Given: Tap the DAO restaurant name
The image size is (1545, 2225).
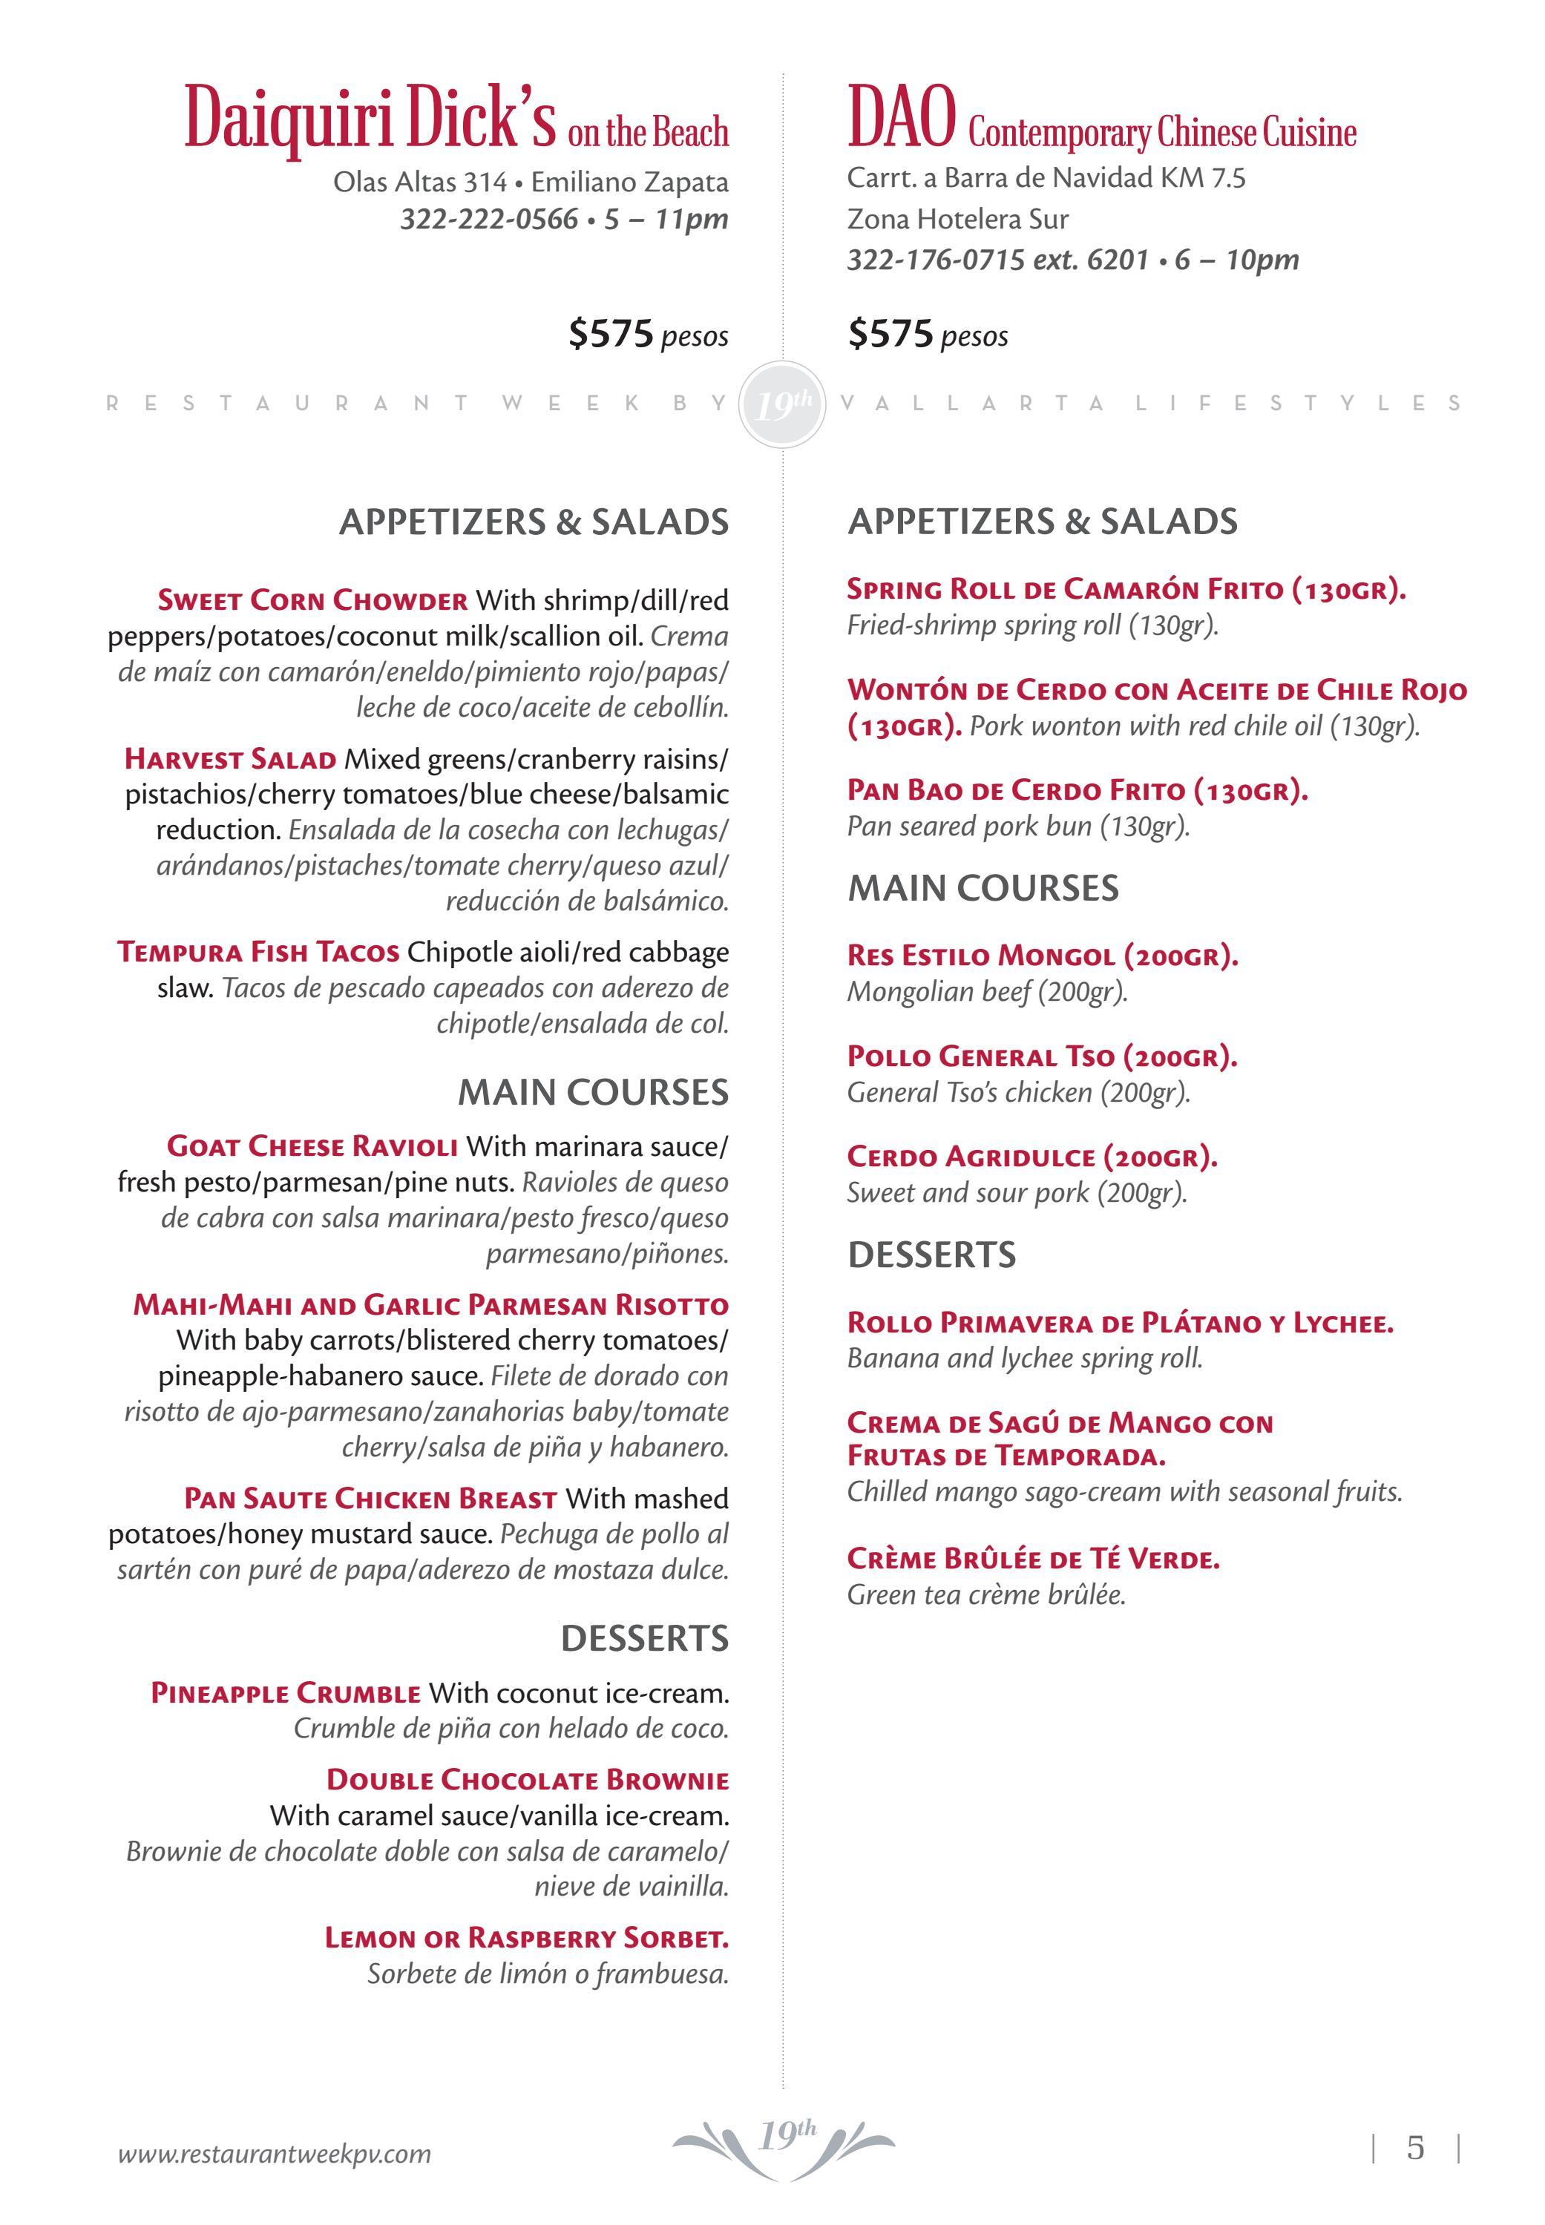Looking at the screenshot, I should click(x=901, y=118).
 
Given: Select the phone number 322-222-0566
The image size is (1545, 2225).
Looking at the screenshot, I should click(x=489, y=219).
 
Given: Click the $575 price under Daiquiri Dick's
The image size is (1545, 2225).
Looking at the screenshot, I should click(x=611, y=334).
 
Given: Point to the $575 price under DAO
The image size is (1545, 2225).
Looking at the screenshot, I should click(x=890, y=334).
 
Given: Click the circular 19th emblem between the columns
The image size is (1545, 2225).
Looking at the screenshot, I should click(x=782, y=404).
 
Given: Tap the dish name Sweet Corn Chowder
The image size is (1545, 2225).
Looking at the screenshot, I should click(x=312, y=600).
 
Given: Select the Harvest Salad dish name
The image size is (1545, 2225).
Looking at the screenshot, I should click(x=230, y=759).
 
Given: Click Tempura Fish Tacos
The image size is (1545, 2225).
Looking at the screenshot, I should click(x=258, y=953).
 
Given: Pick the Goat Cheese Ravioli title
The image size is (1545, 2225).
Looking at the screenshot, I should click(x=312, y=1147).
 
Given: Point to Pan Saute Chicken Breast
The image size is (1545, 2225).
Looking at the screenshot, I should click(x=371, y=1499).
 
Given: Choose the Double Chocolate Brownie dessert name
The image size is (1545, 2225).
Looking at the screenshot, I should click(x=528, y=1780).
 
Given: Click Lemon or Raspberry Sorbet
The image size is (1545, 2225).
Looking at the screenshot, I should click(x=527, y=1938).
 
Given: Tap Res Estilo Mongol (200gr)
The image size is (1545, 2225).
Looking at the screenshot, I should click(x=1042, y=956).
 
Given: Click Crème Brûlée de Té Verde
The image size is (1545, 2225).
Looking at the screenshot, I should click(x=1033, y=1560).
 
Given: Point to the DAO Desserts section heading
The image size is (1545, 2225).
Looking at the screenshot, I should click(x=931, y=1255).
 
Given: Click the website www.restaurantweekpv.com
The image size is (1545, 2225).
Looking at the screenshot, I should click(x=274, y=2155).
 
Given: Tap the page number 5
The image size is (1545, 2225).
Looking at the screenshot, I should click(x=1415, y=2149).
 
